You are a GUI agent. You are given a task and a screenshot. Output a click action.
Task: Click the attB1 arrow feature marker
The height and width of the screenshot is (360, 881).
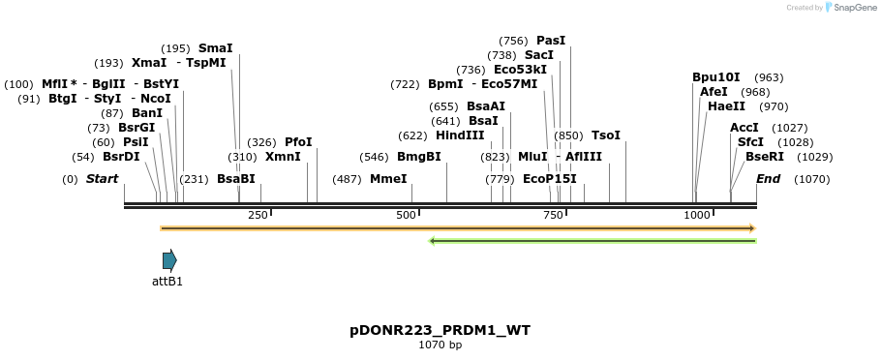coord(169,259)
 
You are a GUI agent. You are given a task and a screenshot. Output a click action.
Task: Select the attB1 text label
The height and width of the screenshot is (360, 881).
coord(167,282)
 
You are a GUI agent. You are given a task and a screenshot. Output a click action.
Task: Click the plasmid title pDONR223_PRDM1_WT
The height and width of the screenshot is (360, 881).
coord(440,331)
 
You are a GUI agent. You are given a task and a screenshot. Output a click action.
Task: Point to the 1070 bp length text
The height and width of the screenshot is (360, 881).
coord(440,345)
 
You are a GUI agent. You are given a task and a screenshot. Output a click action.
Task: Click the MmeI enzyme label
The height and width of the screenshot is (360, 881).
coord(388,179)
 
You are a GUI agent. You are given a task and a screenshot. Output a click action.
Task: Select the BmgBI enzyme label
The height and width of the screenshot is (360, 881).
coord(418,157)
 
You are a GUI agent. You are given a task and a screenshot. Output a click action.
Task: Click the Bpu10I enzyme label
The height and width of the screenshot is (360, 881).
coord(715,77)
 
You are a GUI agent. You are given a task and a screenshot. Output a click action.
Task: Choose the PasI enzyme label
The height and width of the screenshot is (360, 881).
coord(550,41)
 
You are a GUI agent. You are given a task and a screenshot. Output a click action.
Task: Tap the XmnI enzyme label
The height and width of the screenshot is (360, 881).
coord(283,157)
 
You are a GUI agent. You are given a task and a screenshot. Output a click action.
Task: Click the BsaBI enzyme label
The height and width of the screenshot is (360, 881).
coord(235,179)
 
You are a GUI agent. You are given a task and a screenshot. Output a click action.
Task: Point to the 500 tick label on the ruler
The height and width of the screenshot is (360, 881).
coord(405,215)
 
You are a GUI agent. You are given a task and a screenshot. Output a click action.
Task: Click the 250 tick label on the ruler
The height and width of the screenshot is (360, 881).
coord(258,215)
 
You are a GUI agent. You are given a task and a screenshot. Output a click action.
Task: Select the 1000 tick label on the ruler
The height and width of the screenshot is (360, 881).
coord(697,215)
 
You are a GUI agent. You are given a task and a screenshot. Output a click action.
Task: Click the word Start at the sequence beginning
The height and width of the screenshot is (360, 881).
coord(102,179)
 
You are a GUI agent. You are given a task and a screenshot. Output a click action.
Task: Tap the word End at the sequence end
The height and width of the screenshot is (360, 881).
coord(768,179)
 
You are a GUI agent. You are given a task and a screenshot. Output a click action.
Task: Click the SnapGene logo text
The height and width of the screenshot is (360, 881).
coord(853,8)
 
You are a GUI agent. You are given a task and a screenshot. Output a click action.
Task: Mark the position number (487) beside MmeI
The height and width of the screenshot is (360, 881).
coord(347,179)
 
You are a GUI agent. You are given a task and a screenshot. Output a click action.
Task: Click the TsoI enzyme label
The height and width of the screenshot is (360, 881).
coord(605,135)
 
